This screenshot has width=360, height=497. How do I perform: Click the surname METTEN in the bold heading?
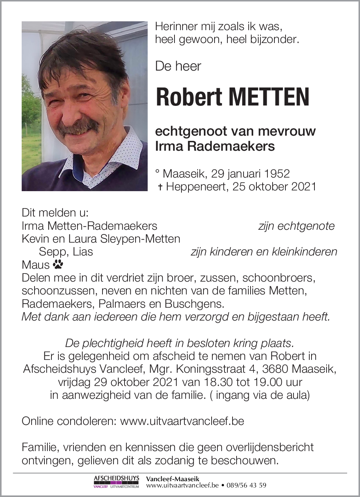pos(269,97)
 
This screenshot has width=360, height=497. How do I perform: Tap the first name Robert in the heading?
pos(189,97)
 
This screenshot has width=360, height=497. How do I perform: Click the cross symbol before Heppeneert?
pos(160,187)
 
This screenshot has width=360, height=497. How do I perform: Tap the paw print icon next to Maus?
pos(58,264)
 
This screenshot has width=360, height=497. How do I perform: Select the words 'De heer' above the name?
pos(178,66)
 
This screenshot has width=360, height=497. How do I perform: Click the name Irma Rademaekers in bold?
pos(215,146)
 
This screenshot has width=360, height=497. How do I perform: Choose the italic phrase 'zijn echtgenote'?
pos(296,226)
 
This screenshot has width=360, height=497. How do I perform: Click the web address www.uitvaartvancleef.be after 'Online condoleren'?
pos(182,421)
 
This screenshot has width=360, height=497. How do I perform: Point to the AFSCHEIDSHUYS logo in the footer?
pos(116,482)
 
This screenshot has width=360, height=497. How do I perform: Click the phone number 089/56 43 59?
pos(246,485)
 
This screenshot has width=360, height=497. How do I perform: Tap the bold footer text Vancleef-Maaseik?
pos(173,479)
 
